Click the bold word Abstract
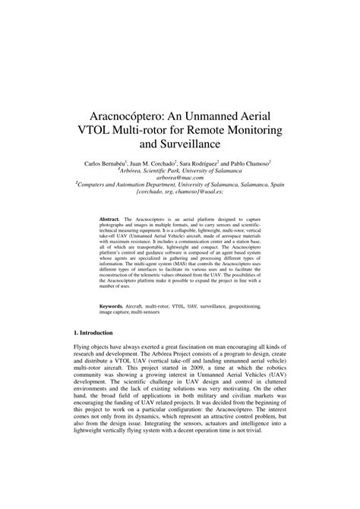[x=111, y=219]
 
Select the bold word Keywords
[x=112, y=306]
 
